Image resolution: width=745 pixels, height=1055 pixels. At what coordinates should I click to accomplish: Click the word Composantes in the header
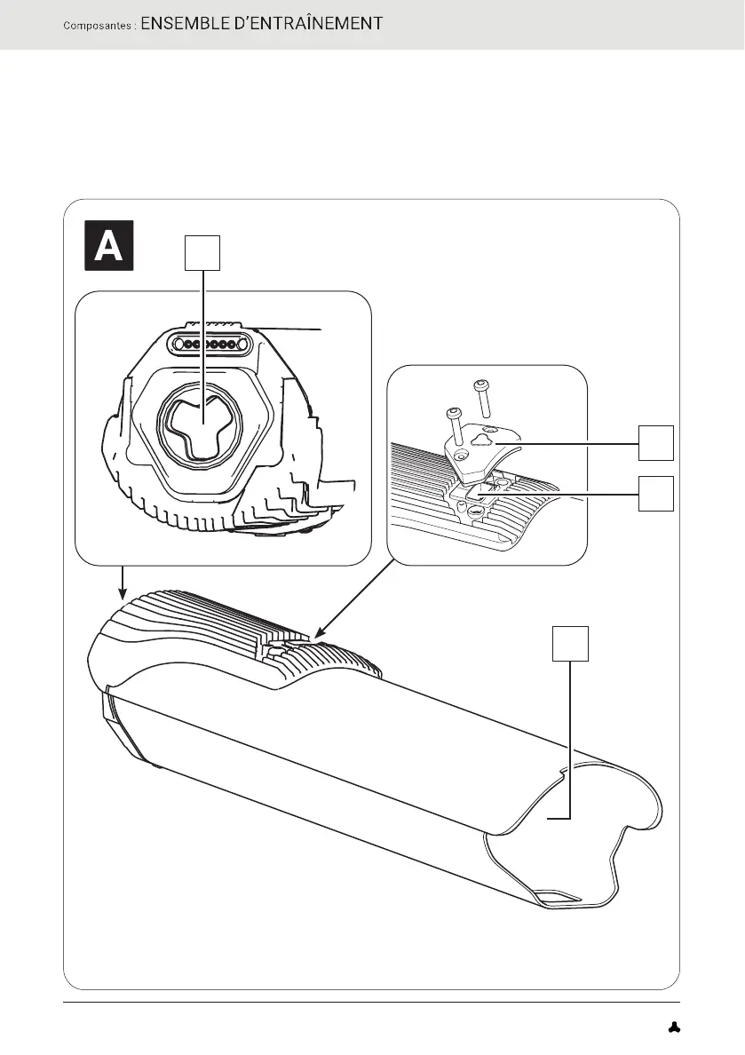[x=97, y=25]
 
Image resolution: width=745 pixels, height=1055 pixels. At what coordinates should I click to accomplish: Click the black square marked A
[x=108, y=244]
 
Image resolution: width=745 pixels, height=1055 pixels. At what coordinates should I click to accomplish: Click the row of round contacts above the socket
[x=210, y=344]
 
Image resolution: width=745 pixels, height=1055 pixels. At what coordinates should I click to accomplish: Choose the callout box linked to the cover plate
[x=655, y=441]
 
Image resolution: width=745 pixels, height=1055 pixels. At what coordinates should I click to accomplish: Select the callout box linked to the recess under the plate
[x=655, y=493]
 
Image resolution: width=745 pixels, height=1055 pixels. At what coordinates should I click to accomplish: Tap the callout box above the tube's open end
[x=570, y=643]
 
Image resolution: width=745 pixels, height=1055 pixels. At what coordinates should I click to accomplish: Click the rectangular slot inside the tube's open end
[x=559, y=899]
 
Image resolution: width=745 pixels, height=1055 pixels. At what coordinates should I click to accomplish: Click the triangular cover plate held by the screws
[x=487, y=448]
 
